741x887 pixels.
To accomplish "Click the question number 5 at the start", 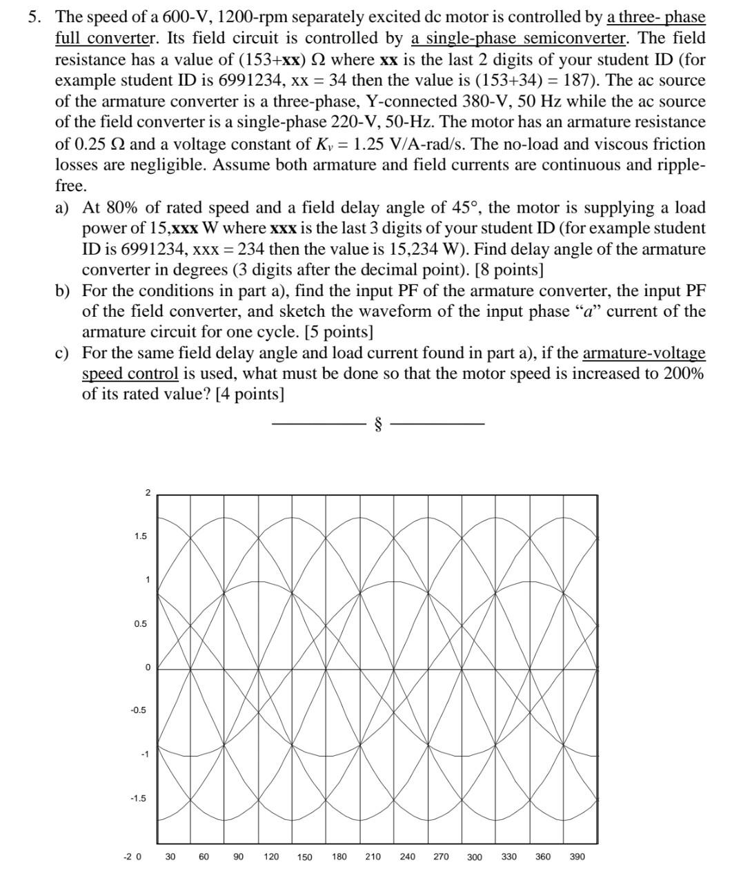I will pyautogui.click(x=33, y=17).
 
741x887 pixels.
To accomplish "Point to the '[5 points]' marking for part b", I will pyautogui.click(x=342, y=332).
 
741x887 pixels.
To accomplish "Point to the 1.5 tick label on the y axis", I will pyautogui.click(x=140, y=536).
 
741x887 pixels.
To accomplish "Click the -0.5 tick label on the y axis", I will pyautogui.click(x=139, y=710).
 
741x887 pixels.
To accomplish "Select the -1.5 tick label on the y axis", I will pyautogui.click(x=138, y=799).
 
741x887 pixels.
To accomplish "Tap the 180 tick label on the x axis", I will pyautogui.click(x=339, y=857).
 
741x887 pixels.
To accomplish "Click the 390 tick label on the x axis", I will pyautogui.click(x=577, y=857).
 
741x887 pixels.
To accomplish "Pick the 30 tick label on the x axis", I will pyautogui.click(x=170, y=857).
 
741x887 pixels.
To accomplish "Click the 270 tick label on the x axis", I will pyautogui.click(x=441, y=857).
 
